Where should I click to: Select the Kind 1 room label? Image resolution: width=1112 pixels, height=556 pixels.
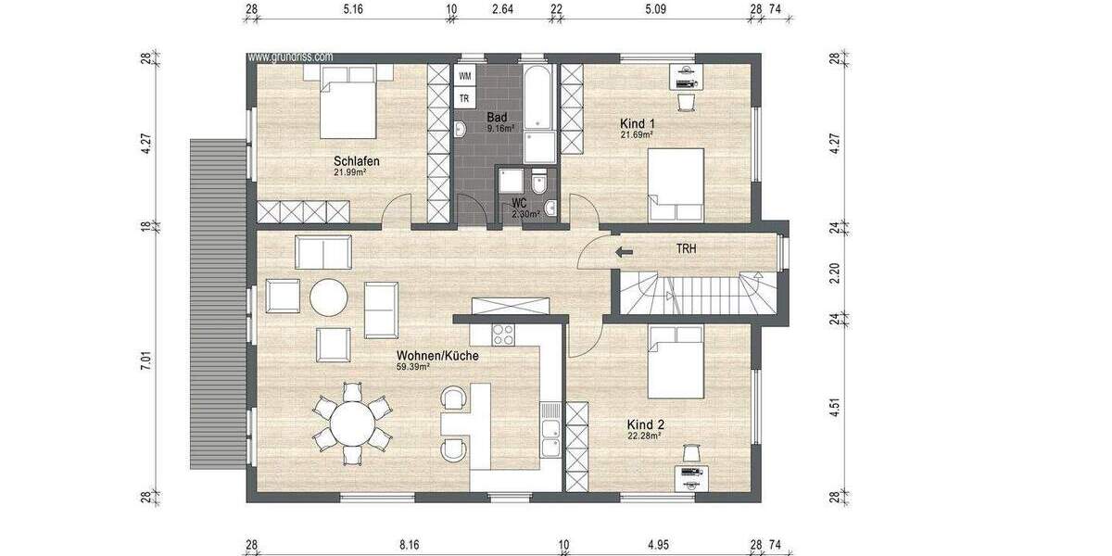pyautogui.click(x=638, y=123)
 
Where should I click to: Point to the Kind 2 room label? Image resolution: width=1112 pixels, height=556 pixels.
pyautogui.click(x=645, y=424)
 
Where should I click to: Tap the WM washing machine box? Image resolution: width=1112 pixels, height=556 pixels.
pyautogui.click(x=464, y=75)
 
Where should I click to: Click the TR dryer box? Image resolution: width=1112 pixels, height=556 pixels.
pyautogui.click(x=464, y=98)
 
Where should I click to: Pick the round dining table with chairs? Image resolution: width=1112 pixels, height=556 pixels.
pyautogui.click(x=353, y=423)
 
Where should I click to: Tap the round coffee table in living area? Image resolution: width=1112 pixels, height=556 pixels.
pyautogui.click(x=329, y=297)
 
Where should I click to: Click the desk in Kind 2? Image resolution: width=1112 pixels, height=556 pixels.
pyautogui.click(x=691, y=475)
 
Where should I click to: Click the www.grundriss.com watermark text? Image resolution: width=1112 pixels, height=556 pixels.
pyautogui.click(x=290, y=57)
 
